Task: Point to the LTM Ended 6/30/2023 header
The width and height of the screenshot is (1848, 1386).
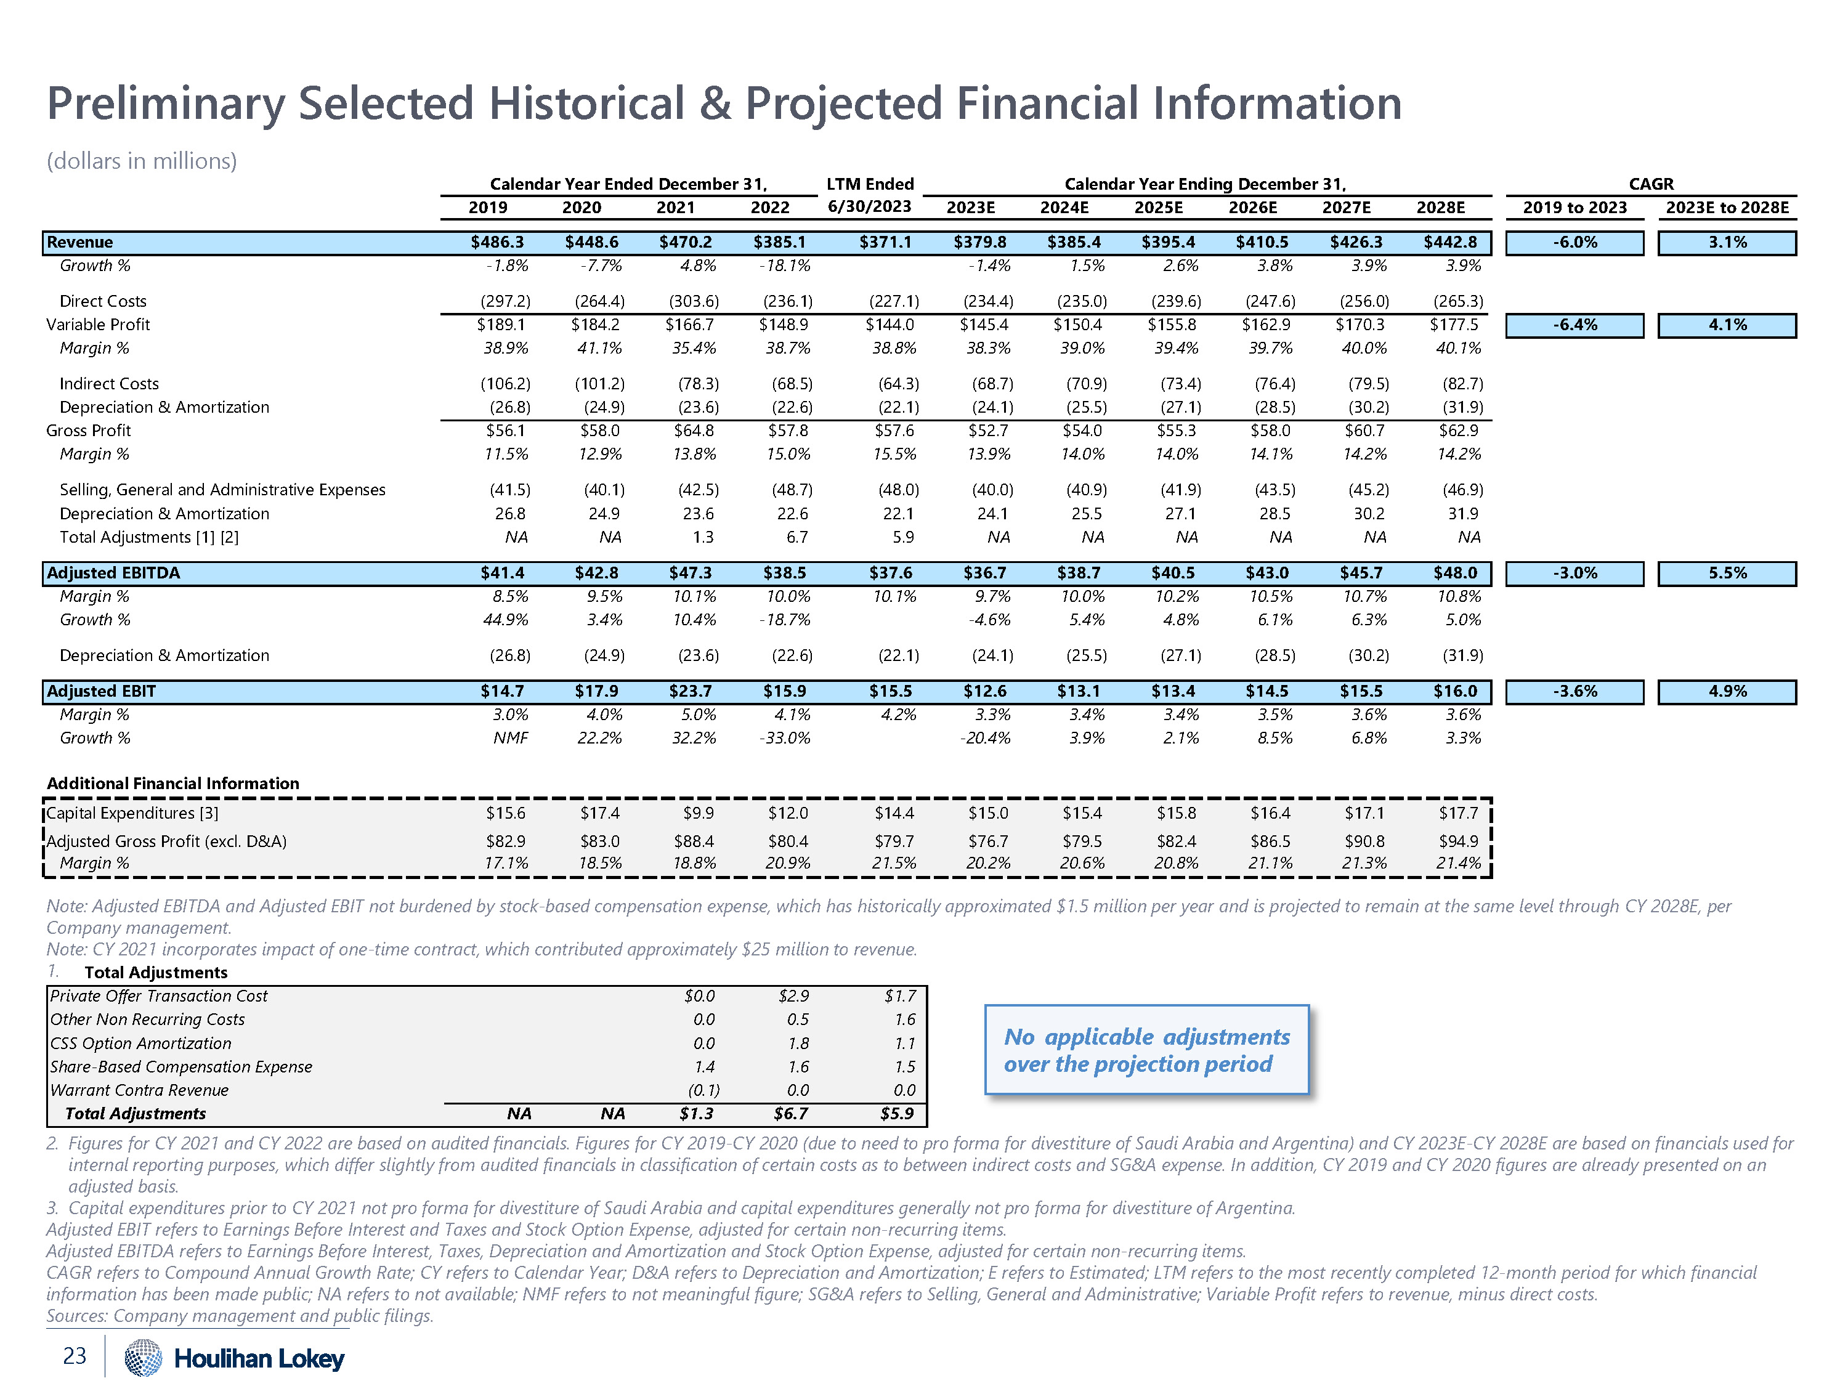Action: pyautogui.click(x=870, y=195)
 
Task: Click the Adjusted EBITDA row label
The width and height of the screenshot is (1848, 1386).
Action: pyautogui.click(x=113, y=573)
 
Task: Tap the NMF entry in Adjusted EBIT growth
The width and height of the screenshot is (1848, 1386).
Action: pyautogui.click(x=511, y=739)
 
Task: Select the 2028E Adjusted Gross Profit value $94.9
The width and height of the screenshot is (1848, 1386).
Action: pyautogui.click(x=1459, y=841)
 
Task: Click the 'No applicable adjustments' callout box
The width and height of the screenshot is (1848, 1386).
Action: pyautogui.click(x=1146, y=1050)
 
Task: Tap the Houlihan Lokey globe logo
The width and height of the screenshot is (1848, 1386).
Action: pyautogui.click(x=143, y=1357)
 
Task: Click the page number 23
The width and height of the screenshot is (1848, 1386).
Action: pyautogui.click(x=75, y=1356)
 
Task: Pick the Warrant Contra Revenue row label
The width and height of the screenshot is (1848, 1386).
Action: pyautogui.click(x=139, y=1090)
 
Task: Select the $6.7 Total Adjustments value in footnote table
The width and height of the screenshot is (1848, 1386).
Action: pyautogui.click(x=790, y=1114)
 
